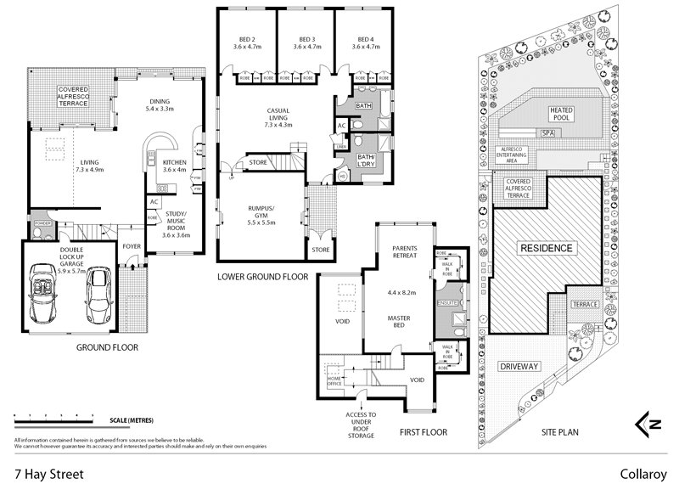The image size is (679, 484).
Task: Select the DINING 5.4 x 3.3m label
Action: (x=160, y=104)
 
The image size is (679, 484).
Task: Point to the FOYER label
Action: (x=132, y=247)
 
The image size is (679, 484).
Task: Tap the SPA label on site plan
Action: (x=547, y=133)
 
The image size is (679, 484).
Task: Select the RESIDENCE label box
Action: (x=547, y=249)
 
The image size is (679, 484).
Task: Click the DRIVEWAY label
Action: (x=520, y=366)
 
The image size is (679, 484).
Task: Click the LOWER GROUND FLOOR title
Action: (x=263, y=277)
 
